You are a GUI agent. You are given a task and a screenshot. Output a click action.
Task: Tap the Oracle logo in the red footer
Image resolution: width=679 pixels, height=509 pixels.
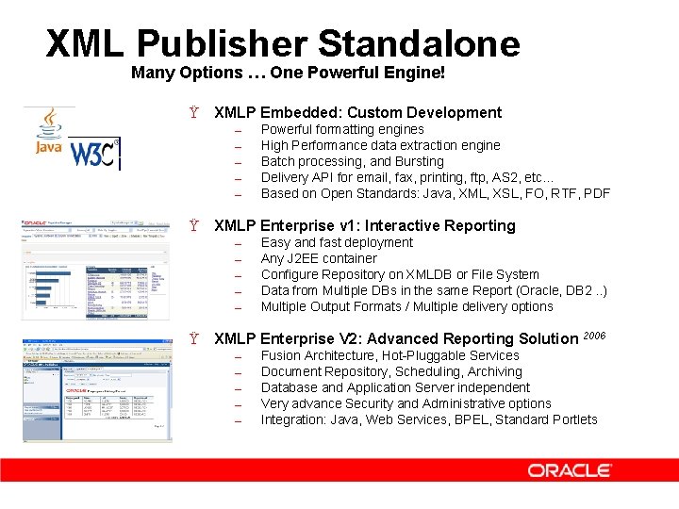click(x=569, y=469)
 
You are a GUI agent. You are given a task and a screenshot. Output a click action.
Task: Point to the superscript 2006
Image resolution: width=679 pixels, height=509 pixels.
click(x=595, y=334)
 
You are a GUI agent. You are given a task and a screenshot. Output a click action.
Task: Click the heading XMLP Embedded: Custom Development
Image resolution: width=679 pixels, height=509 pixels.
click(x=357, y=112)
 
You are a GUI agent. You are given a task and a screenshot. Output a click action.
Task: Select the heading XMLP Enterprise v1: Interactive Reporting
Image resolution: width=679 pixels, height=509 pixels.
click(x=364, y=225)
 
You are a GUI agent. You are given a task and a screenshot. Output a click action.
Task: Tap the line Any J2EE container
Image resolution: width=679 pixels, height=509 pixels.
click(x=319, y=258)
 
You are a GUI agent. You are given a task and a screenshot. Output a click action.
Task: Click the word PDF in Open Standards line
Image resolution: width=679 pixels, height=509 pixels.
click(x=596, y=193)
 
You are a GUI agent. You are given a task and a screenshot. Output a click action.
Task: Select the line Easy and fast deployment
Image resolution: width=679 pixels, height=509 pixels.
click(x=337, y=242)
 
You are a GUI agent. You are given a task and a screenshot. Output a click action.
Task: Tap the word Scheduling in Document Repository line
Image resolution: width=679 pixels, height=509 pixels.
click(x=419, y=371)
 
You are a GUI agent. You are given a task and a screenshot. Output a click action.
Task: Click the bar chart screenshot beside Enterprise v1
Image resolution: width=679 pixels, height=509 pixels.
click(x=95, y=270)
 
